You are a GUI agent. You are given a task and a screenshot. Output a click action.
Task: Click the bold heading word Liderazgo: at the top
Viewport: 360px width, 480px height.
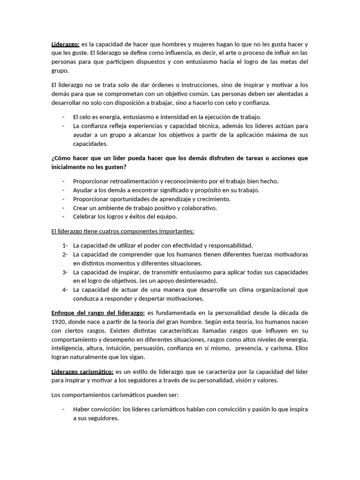65,45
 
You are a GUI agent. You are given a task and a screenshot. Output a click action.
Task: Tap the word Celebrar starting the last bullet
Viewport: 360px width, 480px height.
85,217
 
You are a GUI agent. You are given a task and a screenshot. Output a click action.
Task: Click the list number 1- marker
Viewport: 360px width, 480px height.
65,245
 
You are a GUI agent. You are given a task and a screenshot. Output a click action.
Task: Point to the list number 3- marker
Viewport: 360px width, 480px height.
65,272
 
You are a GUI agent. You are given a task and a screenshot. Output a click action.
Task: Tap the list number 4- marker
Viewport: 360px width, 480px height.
65,290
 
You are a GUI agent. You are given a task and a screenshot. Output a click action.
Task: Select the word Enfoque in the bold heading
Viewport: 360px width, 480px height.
63,313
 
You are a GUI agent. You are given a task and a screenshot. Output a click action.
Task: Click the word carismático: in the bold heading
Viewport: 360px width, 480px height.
96,371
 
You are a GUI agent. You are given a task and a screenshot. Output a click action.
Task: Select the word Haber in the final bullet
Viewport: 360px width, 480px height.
81,409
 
